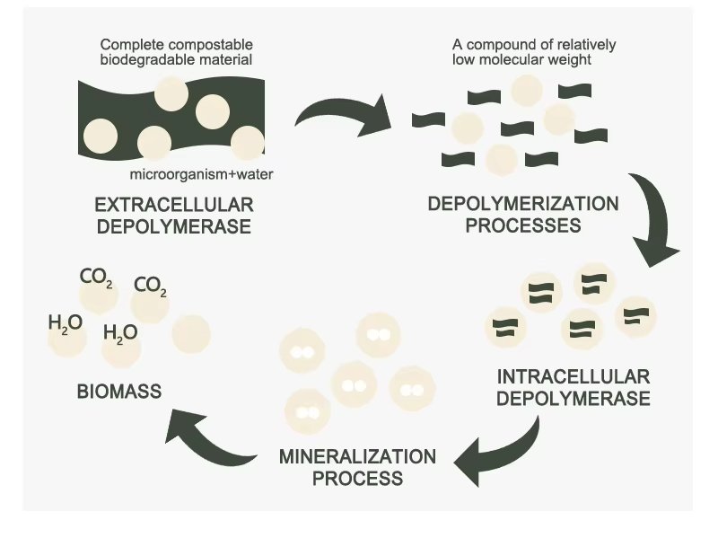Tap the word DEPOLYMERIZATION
(523, 203)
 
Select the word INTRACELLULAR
(574, 375)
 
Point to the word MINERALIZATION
(357, 456)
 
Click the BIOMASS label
(119, 391)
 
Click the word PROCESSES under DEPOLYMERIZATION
(523, 225)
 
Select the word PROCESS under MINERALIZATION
(357, 478)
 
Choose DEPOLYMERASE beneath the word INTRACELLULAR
(574, 397)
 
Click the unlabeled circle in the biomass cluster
(190, 331)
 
